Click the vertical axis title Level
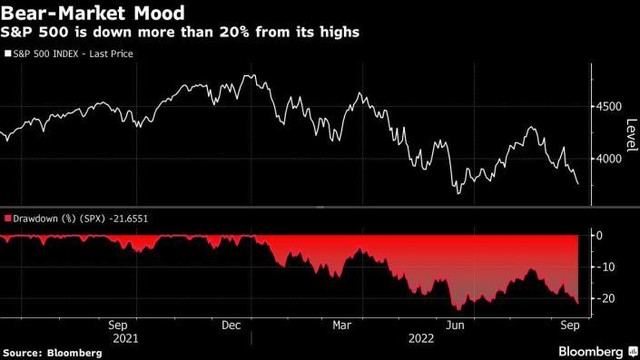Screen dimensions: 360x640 (632, 130)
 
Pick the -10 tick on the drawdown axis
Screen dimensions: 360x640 (603, 267)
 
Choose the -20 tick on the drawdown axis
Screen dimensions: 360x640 (603, 298)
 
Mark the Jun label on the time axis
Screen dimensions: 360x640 (456, 324)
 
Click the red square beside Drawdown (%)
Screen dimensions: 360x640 (6, 217)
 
